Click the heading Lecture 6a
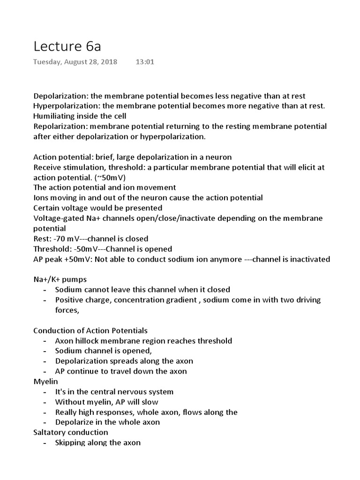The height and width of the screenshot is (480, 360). [x=67, y=46]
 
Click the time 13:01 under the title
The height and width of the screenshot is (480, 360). [x=145, y=62]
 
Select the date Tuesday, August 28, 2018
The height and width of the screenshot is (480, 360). [x=75, y=62]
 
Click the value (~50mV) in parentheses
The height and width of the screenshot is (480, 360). [x=112, y=178]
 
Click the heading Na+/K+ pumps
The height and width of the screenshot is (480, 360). [x=60, y=279]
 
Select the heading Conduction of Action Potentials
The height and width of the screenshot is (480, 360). [x=90, y=330]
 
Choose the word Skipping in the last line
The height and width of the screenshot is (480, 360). [x=70, y=442]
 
